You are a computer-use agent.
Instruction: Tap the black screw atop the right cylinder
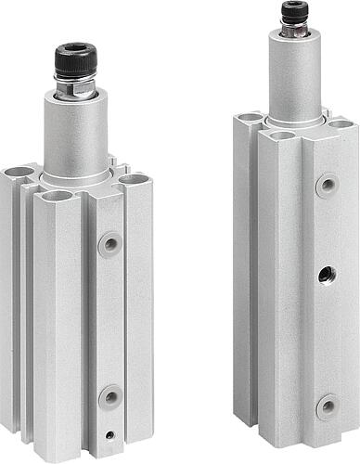(x=295, y=12)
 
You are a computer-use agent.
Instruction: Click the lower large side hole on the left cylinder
(x=110, y=396)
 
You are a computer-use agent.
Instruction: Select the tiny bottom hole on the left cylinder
(x=110, y=433)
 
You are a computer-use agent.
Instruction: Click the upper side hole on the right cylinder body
(x=326, y=186)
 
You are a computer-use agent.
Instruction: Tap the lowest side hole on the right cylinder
(x=326, y=406)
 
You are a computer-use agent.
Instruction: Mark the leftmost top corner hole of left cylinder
(x=19, y=172)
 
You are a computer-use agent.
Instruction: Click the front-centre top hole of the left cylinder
(x=58, y=196)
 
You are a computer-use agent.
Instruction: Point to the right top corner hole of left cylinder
(x=134, y=178)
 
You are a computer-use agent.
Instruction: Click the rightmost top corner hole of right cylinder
(x=341, y=123)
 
